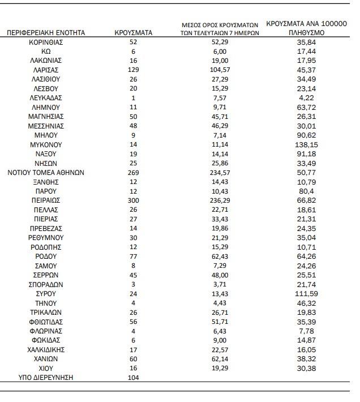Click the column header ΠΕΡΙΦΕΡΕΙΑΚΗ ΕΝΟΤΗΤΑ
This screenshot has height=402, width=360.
point(46,33)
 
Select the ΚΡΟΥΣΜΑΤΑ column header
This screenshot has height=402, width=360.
point(134,33)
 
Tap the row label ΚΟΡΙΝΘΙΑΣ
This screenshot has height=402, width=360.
point(46,42)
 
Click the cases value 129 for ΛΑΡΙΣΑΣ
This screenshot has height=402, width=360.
point(134,70)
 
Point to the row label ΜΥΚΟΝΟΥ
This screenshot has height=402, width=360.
point(46,144)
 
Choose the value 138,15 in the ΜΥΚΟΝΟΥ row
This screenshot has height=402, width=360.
point(306,144)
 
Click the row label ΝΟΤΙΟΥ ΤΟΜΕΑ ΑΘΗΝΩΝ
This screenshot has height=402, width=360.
point(46,172)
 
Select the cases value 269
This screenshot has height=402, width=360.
point(134,172)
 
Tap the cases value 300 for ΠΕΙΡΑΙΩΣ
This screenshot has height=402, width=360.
point(134,200)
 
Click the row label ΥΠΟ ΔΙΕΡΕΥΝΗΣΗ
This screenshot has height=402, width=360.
point(46,377)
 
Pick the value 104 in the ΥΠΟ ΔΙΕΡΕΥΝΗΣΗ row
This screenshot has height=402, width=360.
point(134,377)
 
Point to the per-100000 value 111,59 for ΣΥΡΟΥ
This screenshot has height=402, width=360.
point(306,293)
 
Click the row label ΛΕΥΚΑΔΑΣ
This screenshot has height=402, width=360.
point(46,97)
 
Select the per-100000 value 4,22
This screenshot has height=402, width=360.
point(306,97)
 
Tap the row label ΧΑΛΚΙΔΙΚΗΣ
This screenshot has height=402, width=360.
point(46,349)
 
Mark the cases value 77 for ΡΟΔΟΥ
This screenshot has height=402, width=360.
point(134,256)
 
